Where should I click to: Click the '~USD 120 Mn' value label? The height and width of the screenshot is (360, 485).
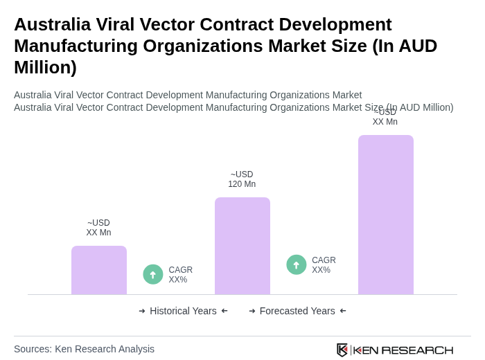242,179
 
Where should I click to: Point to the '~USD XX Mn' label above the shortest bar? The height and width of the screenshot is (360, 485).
98,228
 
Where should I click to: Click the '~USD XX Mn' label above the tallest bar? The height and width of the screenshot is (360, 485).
385,118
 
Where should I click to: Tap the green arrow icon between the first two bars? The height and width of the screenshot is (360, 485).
153,274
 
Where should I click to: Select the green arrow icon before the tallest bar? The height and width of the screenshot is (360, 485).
297,264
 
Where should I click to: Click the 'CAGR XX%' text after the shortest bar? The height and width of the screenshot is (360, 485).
181,275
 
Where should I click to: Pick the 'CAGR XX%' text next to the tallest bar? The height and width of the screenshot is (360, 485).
324,265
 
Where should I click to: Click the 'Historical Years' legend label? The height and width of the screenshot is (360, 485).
183,311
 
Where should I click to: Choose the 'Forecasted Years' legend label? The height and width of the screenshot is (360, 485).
297,311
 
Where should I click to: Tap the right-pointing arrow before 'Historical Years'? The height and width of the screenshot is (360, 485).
142,311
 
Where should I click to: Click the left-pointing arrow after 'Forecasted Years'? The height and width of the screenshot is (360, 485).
343,311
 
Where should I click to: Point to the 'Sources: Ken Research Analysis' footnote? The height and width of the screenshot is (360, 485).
84,349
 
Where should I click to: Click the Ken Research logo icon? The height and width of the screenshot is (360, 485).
342,350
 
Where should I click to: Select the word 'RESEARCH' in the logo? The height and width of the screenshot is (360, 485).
417,350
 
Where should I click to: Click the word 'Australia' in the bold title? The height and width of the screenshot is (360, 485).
53,24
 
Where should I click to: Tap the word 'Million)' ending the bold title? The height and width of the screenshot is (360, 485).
45,67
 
